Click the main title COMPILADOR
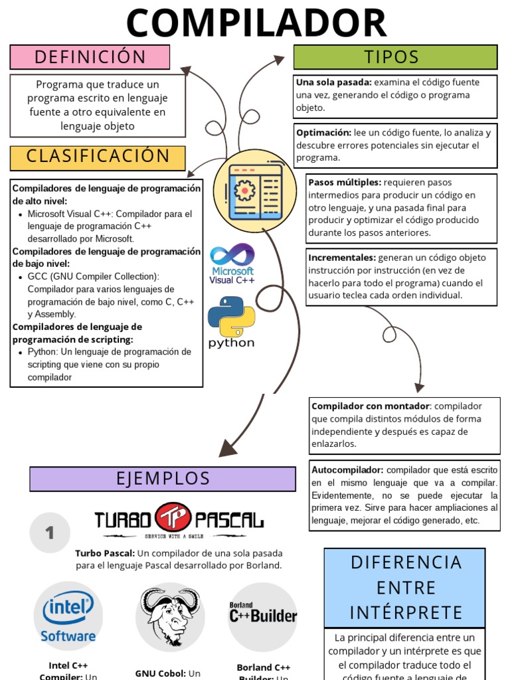point(256,23)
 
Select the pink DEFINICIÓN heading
point(90,57)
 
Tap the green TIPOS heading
point(395,57)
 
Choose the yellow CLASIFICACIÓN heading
point(98,157)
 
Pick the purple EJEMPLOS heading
point(163,478)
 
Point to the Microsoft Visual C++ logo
point(232,263)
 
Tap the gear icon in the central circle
point(245,191)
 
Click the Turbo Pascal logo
point(179,520)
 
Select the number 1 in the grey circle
point(49,533)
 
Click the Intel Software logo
point(68,617)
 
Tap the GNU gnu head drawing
point(170,616)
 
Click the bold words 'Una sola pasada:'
point(334,82)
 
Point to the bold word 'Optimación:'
point(324,133)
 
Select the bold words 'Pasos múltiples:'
point(345,183)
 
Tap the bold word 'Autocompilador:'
point(347,469)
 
